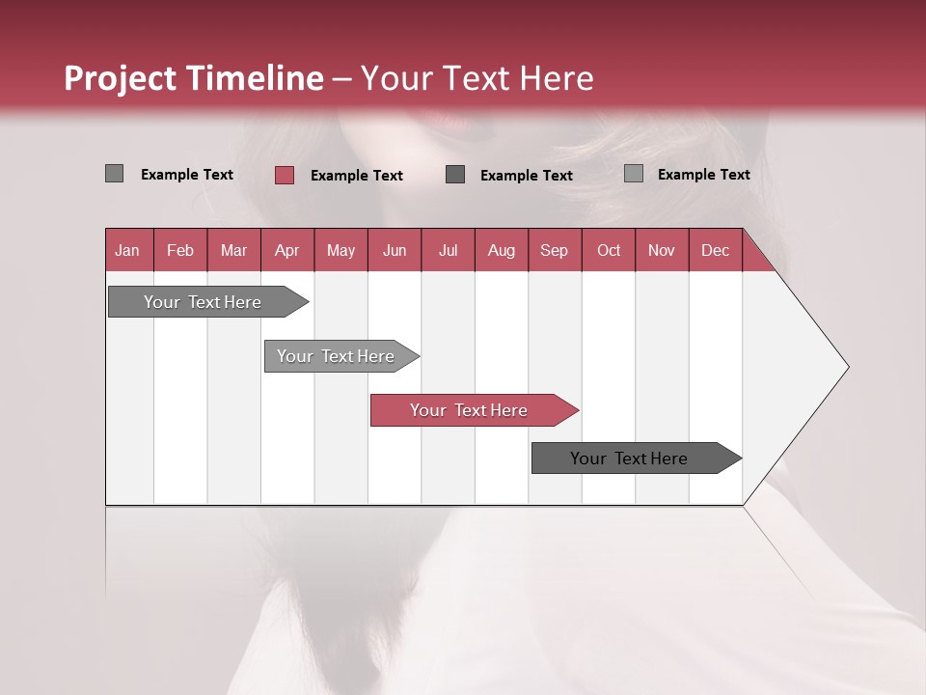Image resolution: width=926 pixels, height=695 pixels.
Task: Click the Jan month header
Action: pos(128,250)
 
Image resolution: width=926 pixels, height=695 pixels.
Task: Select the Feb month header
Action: pos(180,250)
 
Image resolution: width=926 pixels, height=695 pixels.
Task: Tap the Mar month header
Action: pos(233,250)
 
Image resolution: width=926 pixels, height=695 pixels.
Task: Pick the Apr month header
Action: pos(287,250)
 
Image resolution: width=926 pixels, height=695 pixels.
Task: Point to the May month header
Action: pos(340,250)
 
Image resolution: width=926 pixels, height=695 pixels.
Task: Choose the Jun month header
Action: pos(395,250)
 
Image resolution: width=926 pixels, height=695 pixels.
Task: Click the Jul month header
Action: pos(448,250)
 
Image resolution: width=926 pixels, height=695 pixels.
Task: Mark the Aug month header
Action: pos(501,250)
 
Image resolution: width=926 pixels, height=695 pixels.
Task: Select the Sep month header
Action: pos(555,250)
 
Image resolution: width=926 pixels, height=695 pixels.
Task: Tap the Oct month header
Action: pos(609,250)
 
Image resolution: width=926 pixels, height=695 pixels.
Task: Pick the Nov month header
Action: pos(662,250)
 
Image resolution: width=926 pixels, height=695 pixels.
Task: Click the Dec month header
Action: pos(715,250)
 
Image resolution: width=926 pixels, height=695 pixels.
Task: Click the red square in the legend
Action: pos(285,175)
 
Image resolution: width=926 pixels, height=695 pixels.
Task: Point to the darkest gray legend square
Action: pos(455,175)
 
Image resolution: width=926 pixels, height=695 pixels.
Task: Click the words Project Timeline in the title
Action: pos(194,78)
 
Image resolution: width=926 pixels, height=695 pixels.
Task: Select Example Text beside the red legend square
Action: pos(356,176)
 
